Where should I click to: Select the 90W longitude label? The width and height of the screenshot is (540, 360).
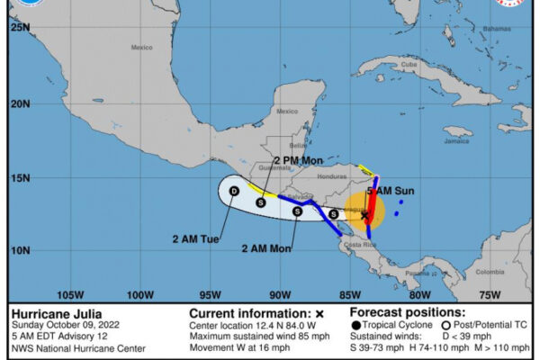point(279,294)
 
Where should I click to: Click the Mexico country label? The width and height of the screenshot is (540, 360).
point(141,47)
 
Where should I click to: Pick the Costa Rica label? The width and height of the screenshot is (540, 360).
point(353,245)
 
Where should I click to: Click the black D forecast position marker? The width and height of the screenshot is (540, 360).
point(234,191)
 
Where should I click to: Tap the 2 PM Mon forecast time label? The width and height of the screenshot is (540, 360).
point(273,159)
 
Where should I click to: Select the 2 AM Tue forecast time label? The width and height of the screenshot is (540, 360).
point(195,238)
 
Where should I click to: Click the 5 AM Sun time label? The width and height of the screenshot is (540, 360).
point(391,191)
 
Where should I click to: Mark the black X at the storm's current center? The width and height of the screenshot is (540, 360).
point(364,215)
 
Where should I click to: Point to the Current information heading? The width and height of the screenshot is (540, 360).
point(243,313)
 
